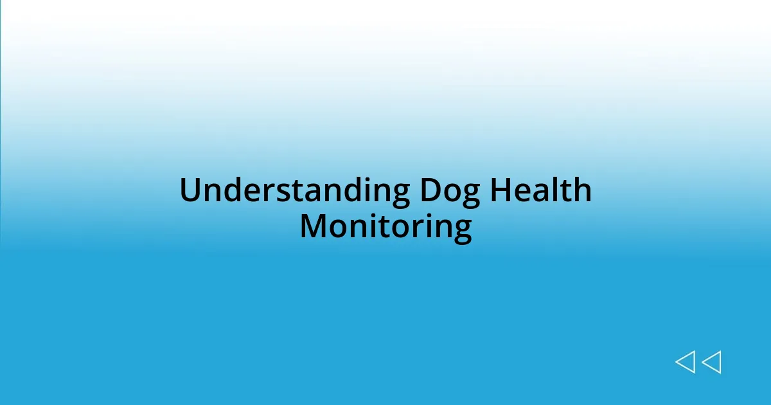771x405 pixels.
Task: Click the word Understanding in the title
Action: [294, 191]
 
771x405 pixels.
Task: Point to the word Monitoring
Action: [385, 226]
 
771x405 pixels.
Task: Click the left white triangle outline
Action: [686, 362]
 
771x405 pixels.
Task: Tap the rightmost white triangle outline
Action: [711, 362]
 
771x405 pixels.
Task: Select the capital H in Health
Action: [499, 191]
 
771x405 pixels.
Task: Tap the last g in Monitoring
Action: [463, 230]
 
